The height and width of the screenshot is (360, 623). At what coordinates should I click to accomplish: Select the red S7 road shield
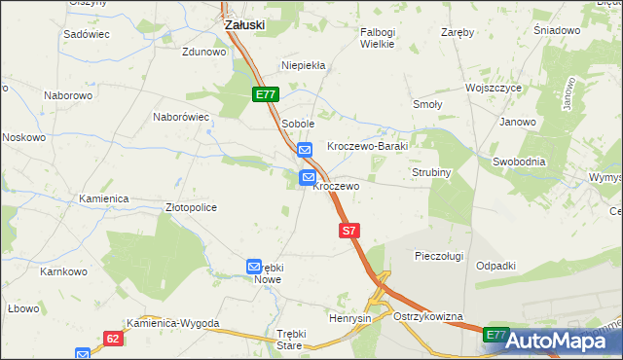point(350,231)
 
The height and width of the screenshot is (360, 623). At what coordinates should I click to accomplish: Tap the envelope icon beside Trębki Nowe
point(255,266)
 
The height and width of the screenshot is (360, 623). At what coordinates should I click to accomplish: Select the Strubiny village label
point(429,172)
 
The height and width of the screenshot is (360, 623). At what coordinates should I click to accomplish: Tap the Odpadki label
point(495,266)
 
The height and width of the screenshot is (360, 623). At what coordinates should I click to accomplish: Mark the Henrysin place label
point(350,319)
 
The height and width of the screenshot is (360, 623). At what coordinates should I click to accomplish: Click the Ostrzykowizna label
point(428,317)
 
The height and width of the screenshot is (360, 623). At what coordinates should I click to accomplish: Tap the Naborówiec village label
point(181,117)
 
